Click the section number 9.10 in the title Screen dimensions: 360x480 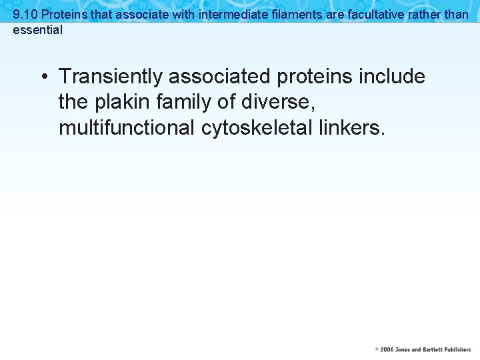pyautogui.click(x=25, y=14)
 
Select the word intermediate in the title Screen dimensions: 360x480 pyautogui.click(x=229, y=14)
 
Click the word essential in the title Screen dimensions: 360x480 pyautogui.click(x=38, y=30)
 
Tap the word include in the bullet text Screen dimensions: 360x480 pyautogui.click(x=392, y=77)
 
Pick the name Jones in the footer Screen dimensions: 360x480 pyautogui.click(x=402, y=350)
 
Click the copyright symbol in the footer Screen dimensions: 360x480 pyautogui.click(x=377, y=350)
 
